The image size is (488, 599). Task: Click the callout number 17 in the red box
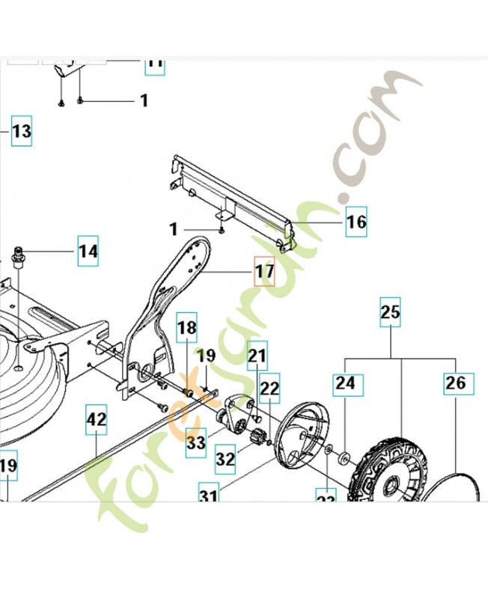[x=264, y=272]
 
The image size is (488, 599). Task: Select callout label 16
[x=356, y=222]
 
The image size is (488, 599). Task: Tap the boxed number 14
[x=88, y=252]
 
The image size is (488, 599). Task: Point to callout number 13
[x=21, y=133]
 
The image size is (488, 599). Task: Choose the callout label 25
[x=391, y=311]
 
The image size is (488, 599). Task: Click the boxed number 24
[x=345, y=383]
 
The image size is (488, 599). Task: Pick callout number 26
[x=455, y=383]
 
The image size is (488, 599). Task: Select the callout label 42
[x=97, y=420]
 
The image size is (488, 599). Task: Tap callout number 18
[x=187, y=328]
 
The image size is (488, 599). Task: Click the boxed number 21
[x=257, y=355]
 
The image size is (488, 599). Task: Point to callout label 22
[x=269, y=388]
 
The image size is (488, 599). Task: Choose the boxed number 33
[x=196, y=443]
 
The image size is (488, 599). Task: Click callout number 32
[x=224, y=454]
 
